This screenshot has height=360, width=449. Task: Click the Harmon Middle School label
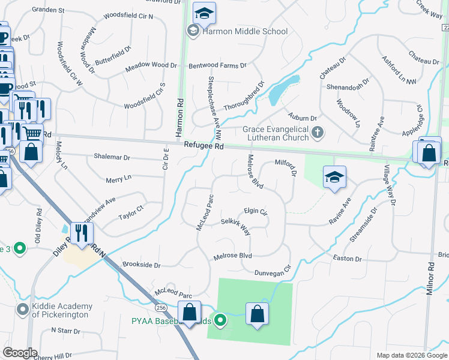point(246,31)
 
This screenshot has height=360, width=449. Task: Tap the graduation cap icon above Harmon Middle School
point(205,13)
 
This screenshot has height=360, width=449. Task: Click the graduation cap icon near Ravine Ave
point(334,177)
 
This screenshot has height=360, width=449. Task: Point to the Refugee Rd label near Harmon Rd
point(204,145)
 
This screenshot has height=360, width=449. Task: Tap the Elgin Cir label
point(255,211)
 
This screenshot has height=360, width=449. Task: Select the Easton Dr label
point(348,259)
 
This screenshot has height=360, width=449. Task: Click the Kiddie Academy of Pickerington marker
point(23,310)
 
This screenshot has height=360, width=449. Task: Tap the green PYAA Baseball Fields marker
point(220,320)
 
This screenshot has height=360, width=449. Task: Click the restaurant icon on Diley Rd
point(79,233)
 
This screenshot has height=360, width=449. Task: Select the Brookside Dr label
point(141,264)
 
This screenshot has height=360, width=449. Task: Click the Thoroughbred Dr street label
point(244,98)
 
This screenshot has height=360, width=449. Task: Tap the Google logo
point(20,353)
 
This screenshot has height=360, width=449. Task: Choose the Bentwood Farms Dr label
point(217,65)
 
